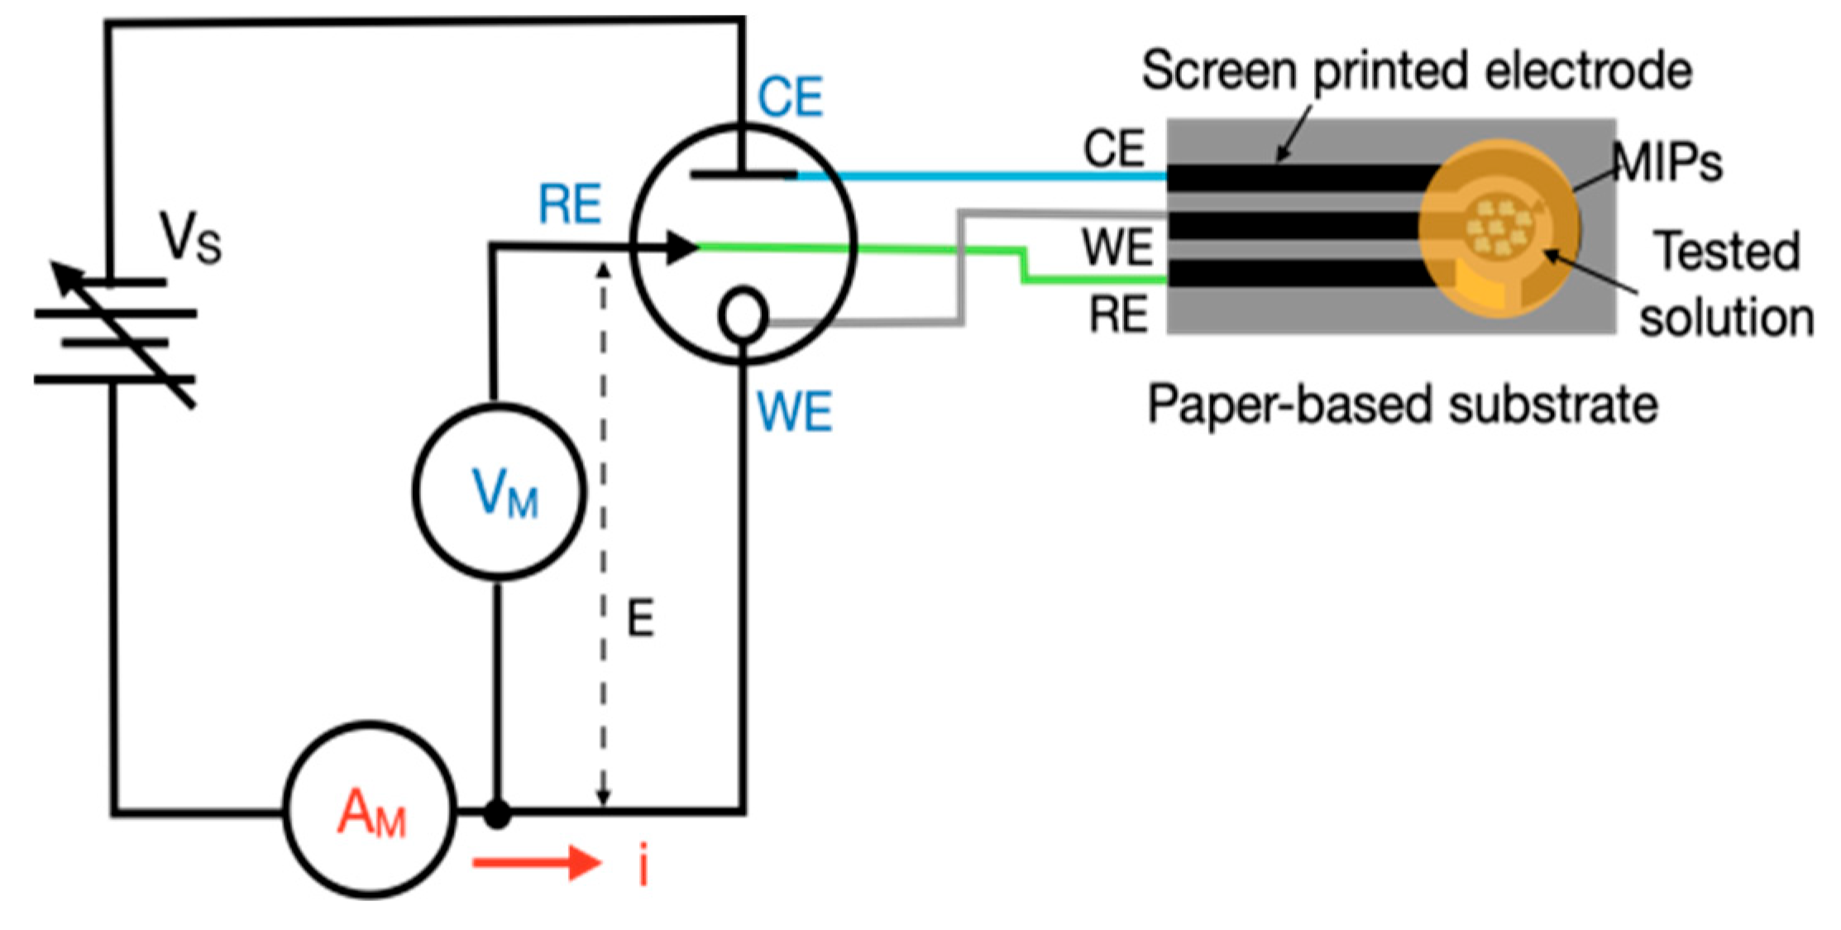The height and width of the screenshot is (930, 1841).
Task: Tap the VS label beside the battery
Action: tap(190, 238)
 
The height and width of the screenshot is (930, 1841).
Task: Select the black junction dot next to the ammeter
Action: tap(497, 814)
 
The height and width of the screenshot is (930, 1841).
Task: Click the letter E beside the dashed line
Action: tap(641, 618)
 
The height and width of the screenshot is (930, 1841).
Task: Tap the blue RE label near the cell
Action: tap(569, 204)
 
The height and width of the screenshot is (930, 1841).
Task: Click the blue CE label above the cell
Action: tap(790, 97)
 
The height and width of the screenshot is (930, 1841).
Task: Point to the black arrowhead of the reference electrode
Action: tap(683, 247)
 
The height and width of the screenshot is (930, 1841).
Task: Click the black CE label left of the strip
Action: tap(1114, 149)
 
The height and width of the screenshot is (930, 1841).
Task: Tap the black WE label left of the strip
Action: tap(1117, 247)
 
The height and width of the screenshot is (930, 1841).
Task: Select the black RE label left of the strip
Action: tap(1118, 314)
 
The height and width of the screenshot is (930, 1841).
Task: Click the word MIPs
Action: tap(1667, 162)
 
